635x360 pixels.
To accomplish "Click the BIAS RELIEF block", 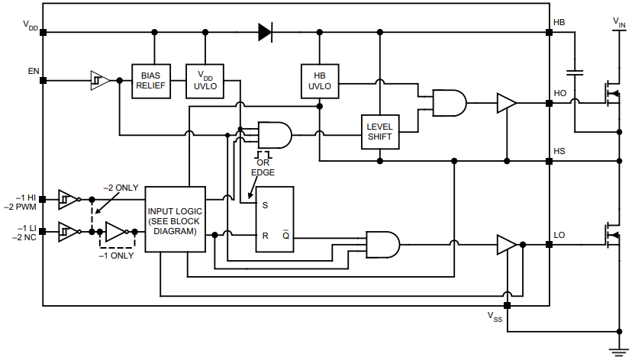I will [x=151, y=81].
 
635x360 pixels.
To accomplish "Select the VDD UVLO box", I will [x=205, y=81].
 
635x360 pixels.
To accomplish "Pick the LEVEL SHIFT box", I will [x=379, y=131].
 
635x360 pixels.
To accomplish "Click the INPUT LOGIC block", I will [x=176, y=219].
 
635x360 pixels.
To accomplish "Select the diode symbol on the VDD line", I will [x=265, y=32].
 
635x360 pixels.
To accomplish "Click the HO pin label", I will [x=559, y=94].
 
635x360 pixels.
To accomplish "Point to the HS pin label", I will [x=559, y=152].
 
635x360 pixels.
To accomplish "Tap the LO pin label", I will [x=559, y=235].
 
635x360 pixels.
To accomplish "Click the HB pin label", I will [x=559, y=22].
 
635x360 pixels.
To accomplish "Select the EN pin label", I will [x=34, y=71].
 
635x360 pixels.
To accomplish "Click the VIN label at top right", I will [x=618, y=23].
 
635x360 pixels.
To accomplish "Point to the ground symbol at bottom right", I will [x=618, y=350].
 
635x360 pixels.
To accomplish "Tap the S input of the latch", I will [x=265, y=204].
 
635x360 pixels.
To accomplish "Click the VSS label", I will [x=495, y=317].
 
